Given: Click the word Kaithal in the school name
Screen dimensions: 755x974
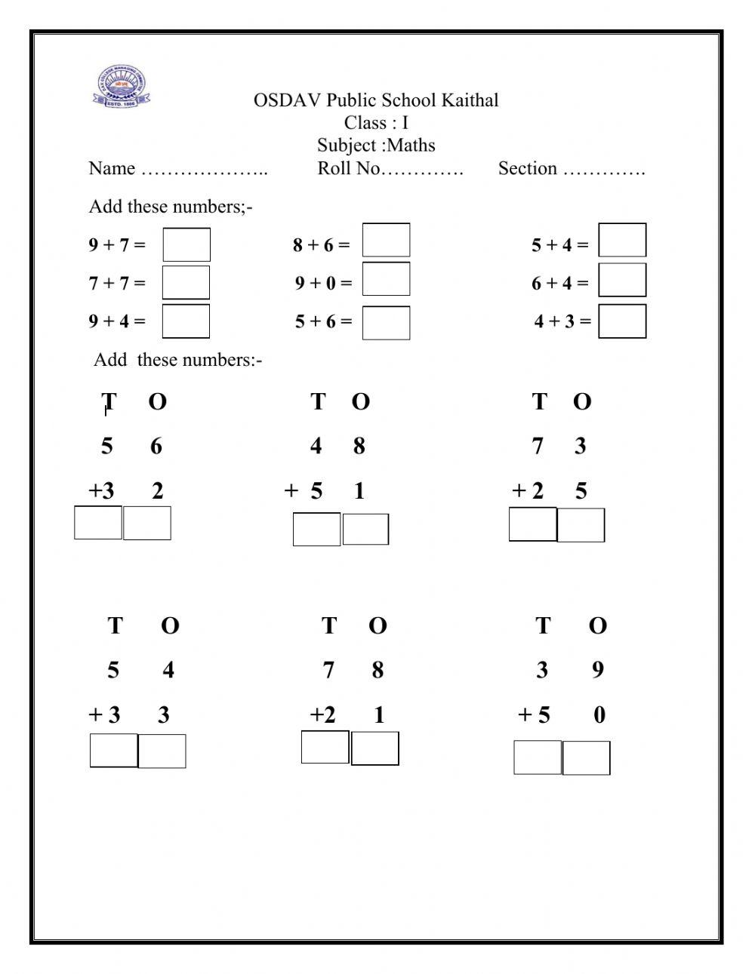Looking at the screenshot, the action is point(470,100).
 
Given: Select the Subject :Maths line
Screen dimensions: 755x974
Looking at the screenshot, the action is point(376,145).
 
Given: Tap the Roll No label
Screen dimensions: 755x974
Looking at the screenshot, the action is point(350,168).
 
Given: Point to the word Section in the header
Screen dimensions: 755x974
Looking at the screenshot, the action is point(528,168).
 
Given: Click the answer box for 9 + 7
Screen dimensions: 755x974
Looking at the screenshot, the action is point(186,244).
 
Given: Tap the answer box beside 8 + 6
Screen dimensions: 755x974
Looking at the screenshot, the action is point(386,240).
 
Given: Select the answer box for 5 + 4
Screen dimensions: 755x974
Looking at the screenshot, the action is point(622,240).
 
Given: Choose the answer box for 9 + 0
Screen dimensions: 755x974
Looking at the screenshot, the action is point(386,278).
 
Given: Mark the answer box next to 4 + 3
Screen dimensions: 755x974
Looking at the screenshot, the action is point(622,321).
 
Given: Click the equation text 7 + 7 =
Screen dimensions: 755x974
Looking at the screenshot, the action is point(117,283).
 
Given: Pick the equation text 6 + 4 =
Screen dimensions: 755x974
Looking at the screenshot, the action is point(559,283).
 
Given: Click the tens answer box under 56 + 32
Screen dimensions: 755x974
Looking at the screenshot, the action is point(98,522).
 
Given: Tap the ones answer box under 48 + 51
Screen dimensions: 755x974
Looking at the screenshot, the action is point(365,529).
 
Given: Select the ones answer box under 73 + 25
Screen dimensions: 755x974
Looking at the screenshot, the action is point(581,524).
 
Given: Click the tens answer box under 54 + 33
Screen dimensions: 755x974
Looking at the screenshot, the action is point(114,750).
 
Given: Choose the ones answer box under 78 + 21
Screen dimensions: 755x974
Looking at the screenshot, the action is point(374,748).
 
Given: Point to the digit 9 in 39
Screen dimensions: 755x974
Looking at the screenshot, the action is point(597,669).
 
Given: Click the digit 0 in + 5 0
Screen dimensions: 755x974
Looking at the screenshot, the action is point(599,714).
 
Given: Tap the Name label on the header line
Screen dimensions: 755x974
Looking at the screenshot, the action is point(112,168).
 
